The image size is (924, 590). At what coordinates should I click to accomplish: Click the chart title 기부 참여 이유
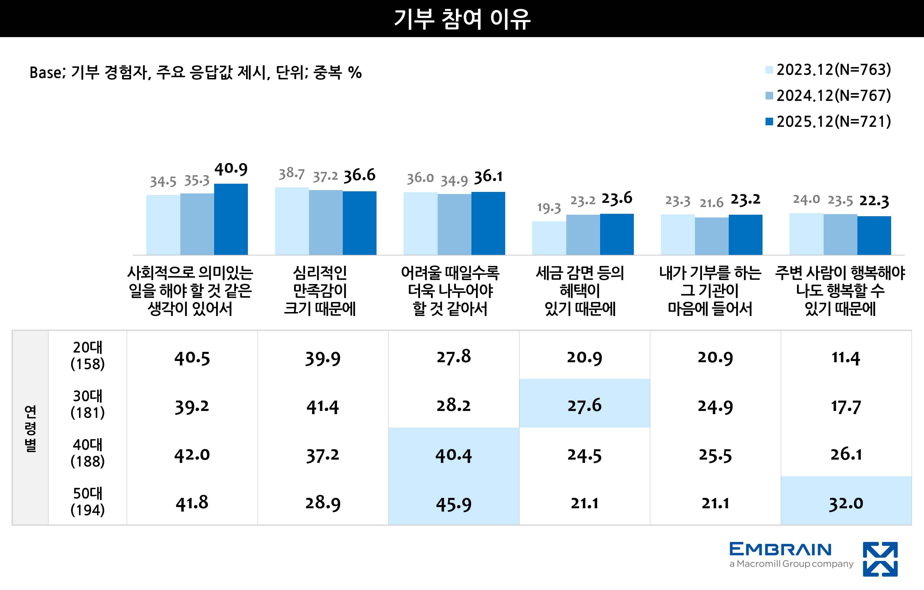[x=462, y=19]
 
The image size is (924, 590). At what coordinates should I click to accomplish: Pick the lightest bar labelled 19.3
[x=549, y=238]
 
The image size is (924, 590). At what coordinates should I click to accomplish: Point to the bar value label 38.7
[x=291, y=174]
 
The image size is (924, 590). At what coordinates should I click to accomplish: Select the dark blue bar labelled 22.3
[x=874, y=235]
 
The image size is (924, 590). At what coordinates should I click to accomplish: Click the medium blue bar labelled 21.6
[x=711, y=236]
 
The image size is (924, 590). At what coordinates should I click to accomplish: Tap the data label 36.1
[x=488, y=176]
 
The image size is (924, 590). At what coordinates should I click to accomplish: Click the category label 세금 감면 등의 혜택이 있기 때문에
[x=580, y=290]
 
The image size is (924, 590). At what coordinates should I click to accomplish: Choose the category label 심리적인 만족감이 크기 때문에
[x=320, y=290]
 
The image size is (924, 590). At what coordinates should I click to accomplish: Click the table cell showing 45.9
[x=453, y=504]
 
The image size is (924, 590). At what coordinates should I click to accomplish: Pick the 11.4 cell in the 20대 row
[x=846, y=358]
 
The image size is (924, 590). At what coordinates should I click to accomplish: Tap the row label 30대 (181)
[x=88, y=404]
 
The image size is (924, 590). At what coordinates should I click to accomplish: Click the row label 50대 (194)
[x=88, y=501]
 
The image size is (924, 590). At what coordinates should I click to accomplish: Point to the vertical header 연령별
[x=30, y=428]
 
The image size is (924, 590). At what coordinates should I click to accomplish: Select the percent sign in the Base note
[x=355, y=72]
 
